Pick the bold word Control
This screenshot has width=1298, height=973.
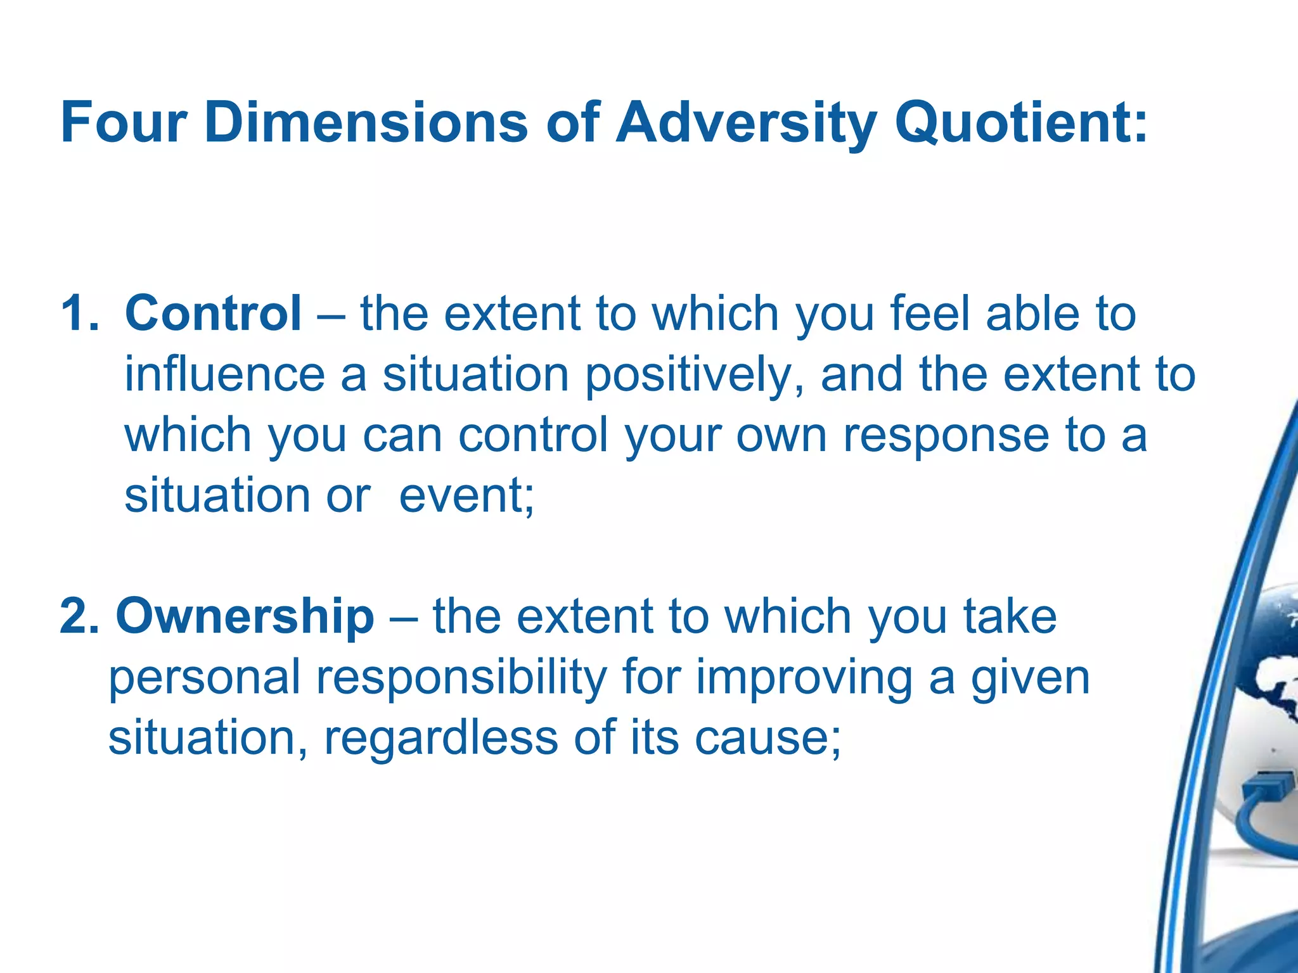pos(213,313)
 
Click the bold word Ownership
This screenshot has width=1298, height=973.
pos(245,616)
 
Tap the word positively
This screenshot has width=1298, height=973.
pos(695,375)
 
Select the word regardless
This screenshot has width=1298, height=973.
pos(440,738)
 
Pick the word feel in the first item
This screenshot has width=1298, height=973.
pos(930,313)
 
